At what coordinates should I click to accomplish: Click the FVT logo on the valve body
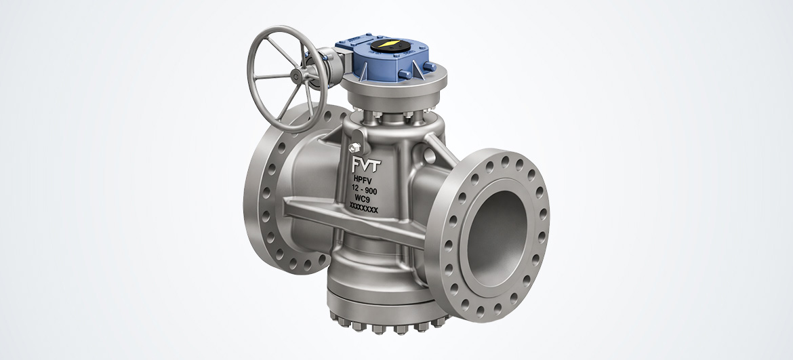click(367, 165)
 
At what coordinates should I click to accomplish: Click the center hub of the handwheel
click(296, 77)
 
